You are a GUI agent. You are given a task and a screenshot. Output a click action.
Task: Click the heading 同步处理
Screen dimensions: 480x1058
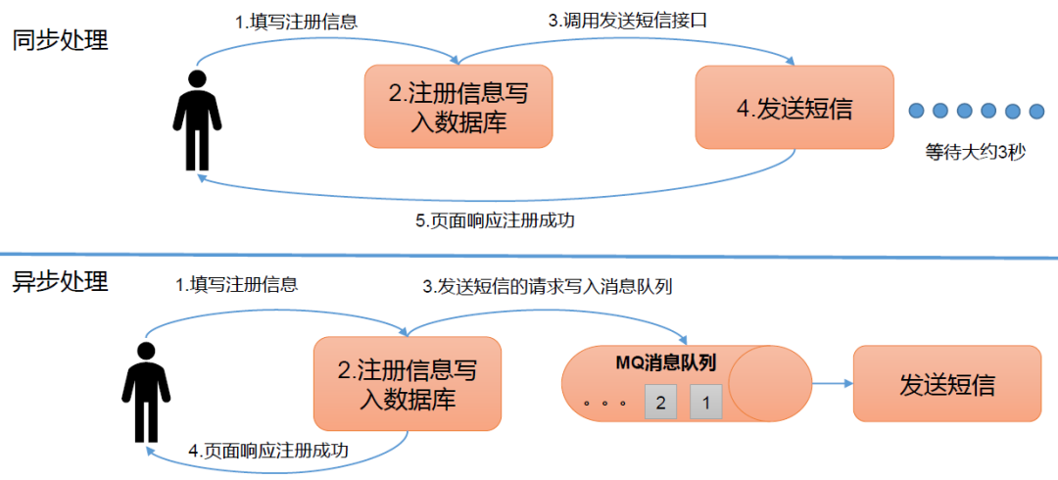point(60,41)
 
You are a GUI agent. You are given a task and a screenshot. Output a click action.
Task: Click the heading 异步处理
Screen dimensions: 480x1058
point(60,282)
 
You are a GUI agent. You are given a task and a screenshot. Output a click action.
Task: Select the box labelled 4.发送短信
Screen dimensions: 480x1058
point(793,108)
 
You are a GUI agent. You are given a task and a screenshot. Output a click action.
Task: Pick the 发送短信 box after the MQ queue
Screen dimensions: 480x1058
point(946,384)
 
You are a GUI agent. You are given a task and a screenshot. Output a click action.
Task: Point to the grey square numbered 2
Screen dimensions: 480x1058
point(660,402)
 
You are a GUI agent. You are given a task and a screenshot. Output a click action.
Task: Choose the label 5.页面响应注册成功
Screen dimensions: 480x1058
point(495,220)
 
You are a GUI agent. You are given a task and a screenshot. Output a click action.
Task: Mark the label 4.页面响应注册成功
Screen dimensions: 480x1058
point(268,451)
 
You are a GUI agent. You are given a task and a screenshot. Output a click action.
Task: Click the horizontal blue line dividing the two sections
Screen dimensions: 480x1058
point(529,257)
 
